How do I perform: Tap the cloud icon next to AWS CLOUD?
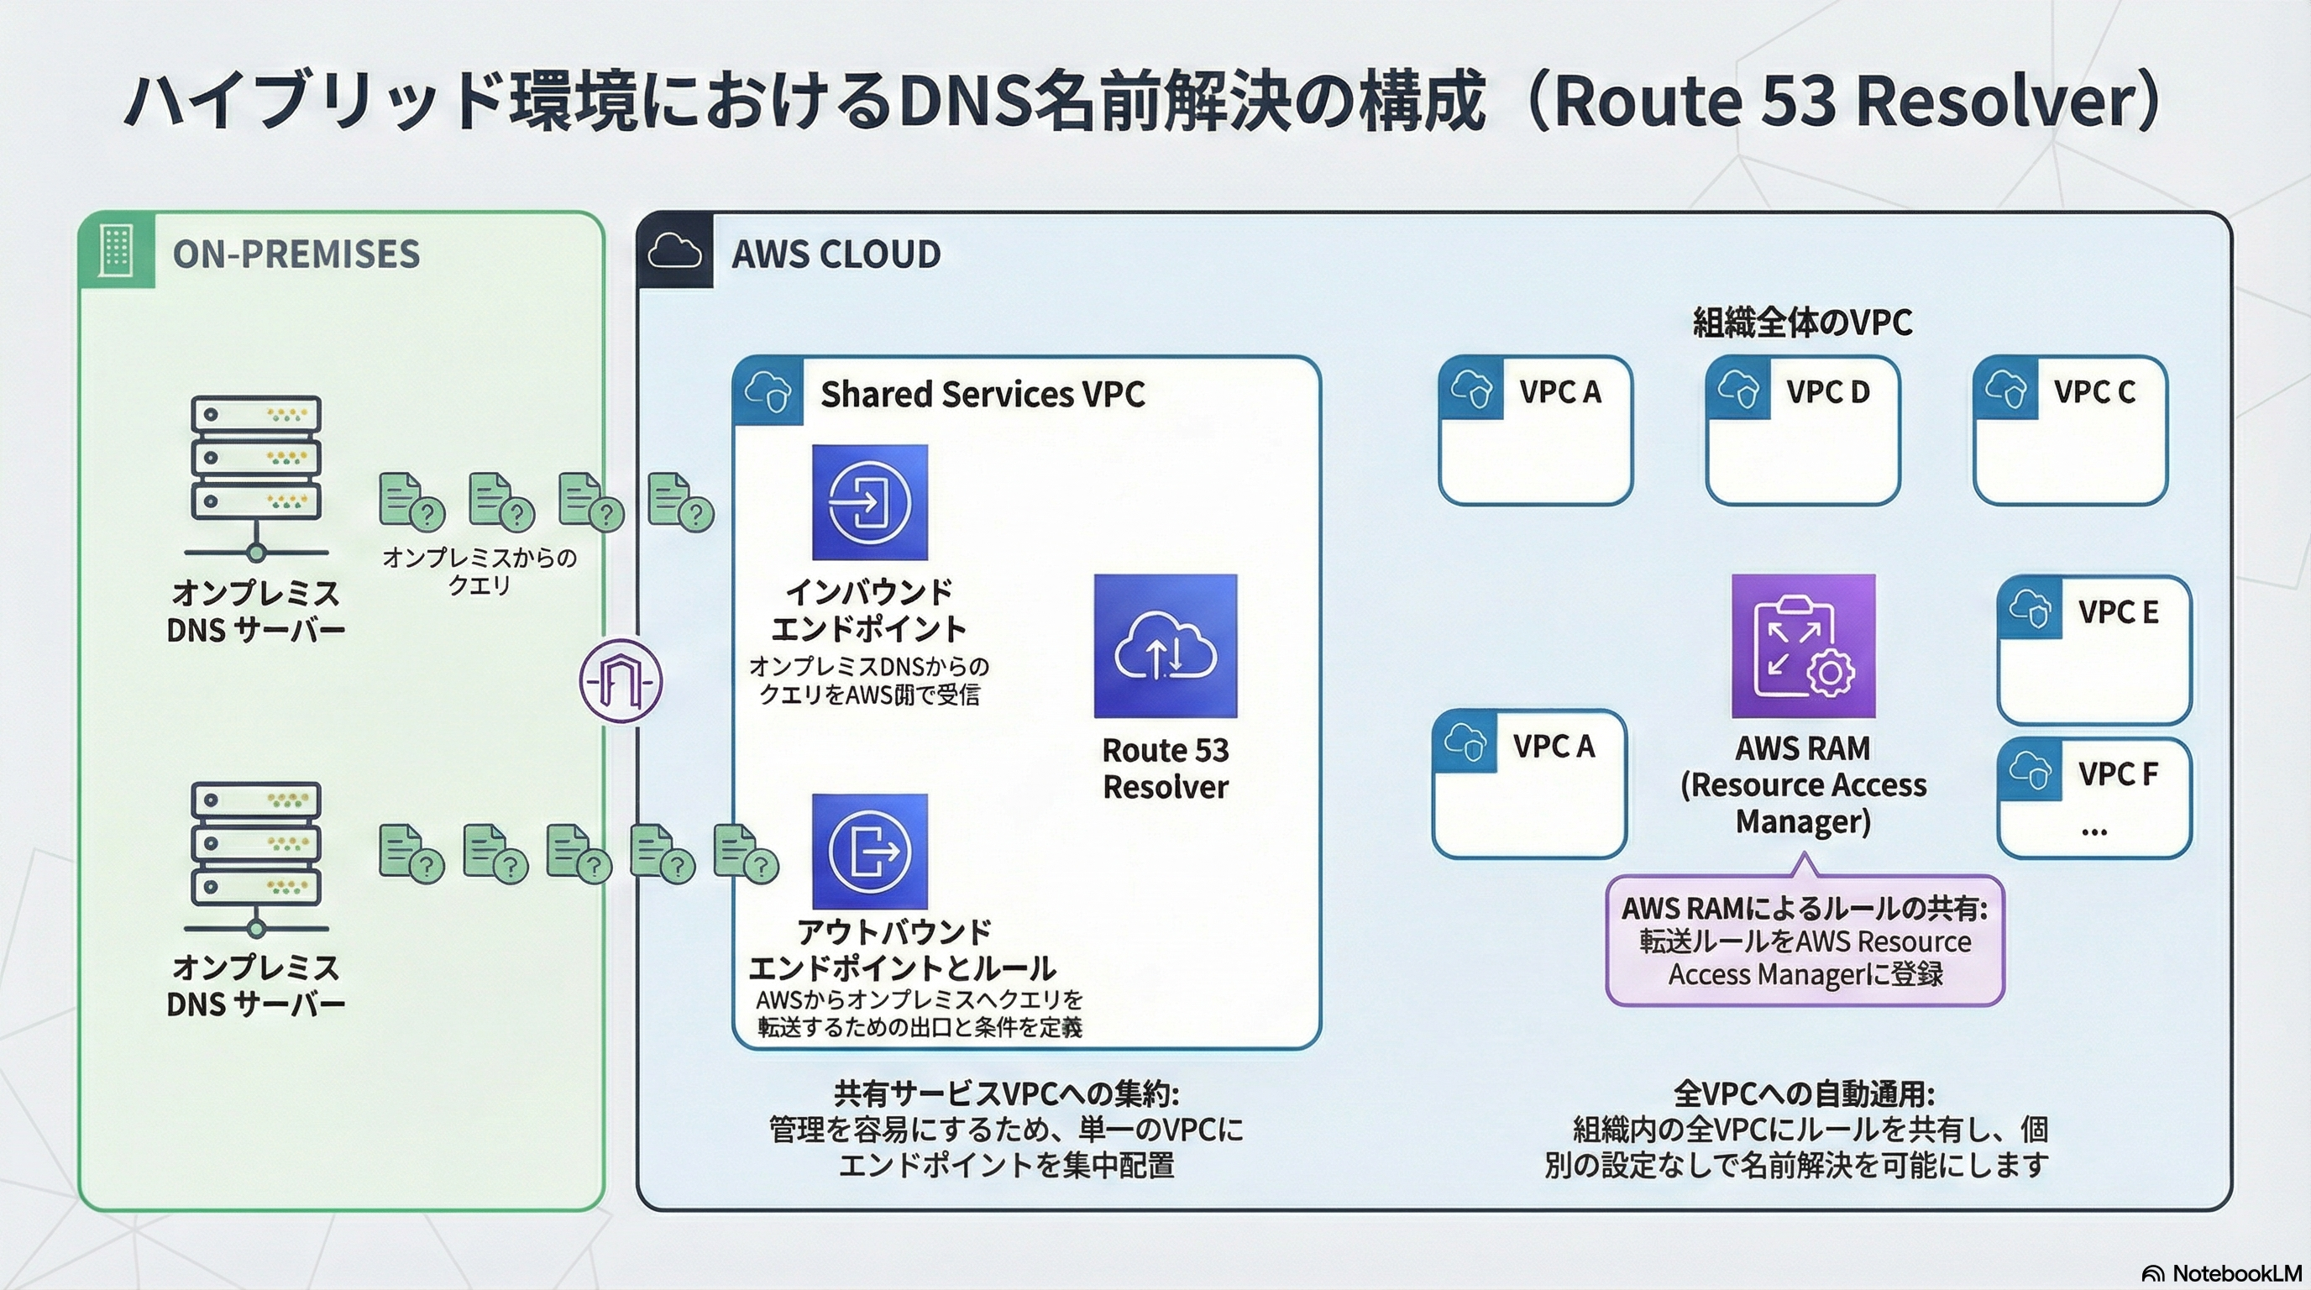pos(674,251)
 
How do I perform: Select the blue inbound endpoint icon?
pos(869,502)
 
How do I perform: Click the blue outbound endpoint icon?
pos(869,851)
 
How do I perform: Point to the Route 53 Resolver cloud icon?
pos(1166,646)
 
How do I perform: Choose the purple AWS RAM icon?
pos(1803,646)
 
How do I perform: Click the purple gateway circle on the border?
pos(621,681)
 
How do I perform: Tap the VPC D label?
pos(1827,392)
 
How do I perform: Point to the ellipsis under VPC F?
pos(2094,831)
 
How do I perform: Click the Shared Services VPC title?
pos(983,394)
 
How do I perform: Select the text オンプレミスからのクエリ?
pos(479,570)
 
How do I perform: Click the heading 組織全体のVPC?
pos(1802,321)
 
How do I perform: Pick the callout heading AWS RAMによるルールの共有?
pos(1804,909)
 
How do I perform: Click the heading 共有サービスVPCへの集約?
pos(1006,1093)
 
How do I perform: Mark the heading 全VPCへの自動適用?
pos(1804,1093)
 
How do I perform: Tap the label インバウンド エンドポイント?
pos(868,610)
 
